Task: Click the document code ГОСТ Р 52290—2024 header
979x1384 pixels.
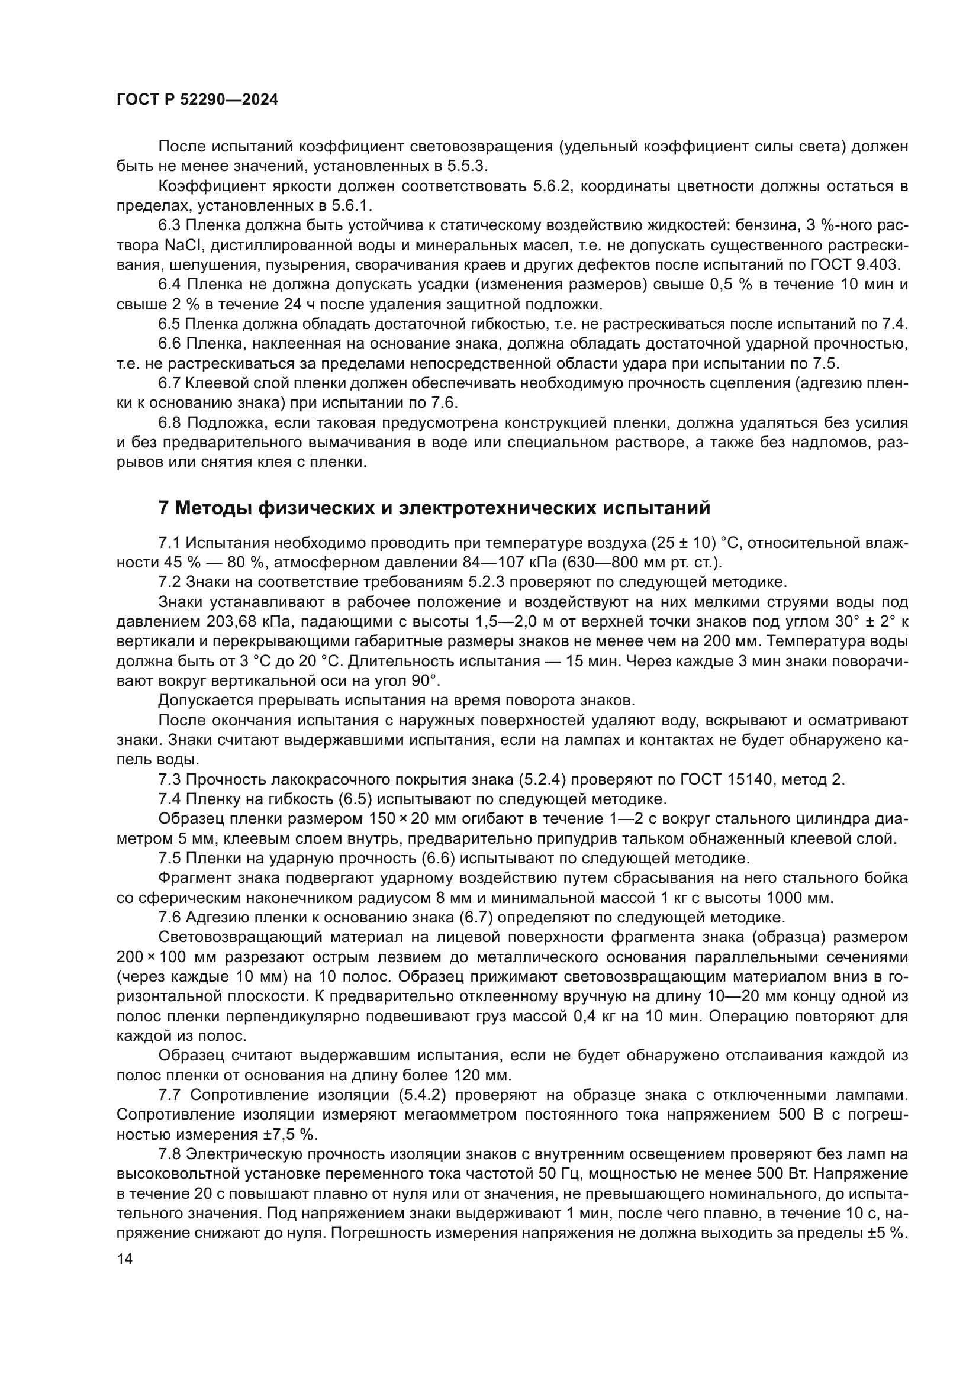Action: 197,100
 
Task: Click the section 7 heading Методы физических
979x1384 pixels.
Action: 433,508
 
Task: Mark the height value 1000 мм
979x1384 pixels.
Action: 799,898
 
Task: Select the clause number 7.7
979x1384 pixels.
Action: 171,1095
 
